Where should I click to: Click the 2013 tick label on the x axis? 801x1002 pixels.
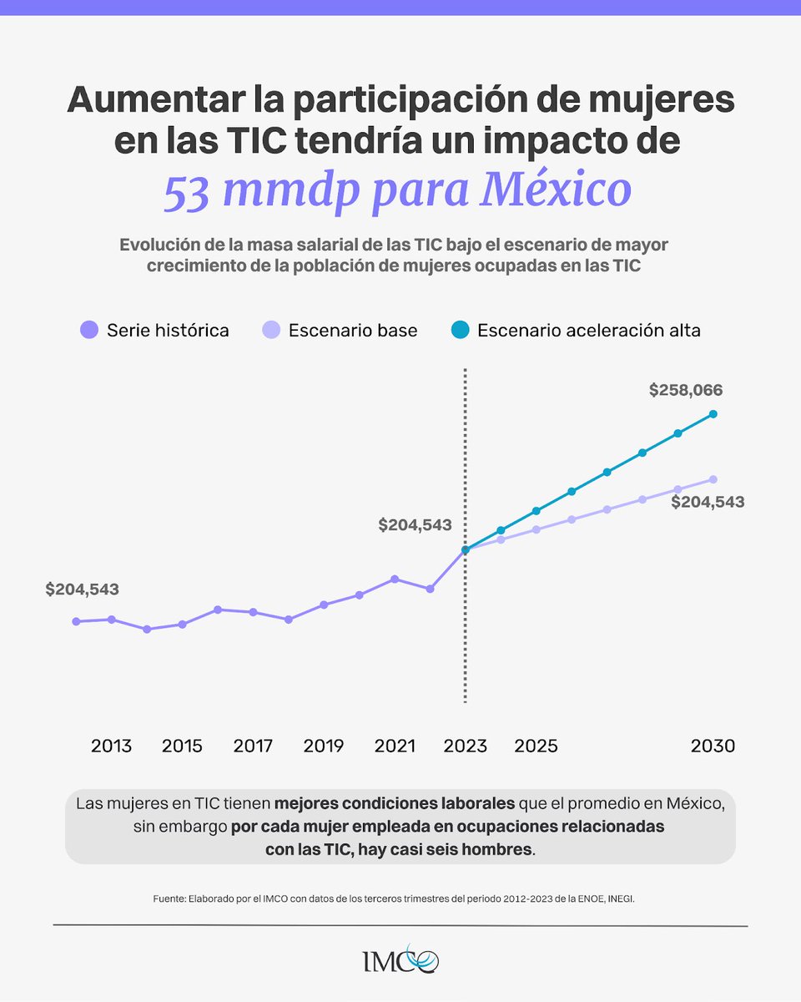point(111,746)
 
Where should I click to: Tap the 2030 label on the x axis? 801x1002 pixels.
point(713,746)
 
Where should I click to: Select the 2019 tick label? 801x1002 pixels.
point(324,746)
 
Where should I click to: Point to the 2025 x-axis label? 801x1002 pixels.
point(536,746)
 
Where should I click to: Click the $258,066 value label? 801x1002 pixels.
point(686,390)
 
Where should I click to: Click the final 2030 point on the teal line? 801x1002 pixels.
point(713,413)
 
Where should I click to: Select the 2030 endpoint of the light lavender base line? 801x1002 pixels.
point(713,479)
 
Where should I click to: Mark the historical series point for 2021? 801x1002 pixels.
point(395,579)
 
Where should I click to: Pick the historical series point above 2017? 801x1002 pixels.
point(253,612)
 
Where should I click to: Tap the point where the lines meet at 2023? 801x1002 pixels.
point(466,549)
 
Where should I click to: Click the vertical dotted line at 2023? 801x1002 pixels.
point(465,651)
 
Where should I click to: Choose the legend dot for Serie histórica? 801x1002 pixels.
point(89,330)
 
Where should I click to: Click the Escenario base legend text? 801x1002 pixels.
point(353,331)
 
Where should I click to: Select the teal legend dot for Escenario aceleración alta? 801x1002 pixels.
point(459,330)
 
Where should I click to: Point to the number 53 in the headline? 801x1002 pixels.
point(188,190)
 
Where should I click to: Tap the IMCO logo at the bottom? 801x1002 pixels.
point(400,959)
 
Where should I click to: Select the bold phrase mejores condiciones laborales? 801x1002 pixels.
point(394,804)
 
